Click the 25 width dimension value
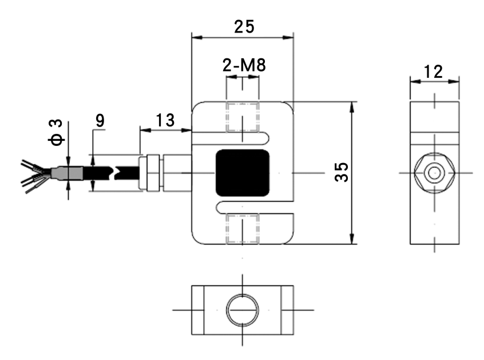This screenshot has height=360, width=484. [244, 26]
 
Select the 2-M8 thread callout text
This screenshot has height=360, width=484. [244, 65]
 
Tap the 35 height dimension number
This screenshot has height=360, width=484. [342, 172]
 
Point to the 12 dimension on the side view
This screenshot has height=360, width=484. [434, 71]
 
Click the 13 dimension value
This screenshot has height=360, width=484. [165, 120]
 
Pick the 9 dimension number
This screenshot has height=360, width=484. [100, 120]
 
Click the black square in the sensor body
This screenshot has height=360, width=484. [243, 172]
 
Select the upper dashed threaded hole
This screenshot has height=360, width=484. [243, 117]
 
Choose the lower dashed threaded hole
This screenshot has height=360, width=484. [243, 228]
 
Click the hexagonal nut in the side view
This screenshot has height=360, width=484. [434, 172]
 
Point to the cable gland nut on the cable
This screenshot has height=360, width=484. [152, 172]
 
